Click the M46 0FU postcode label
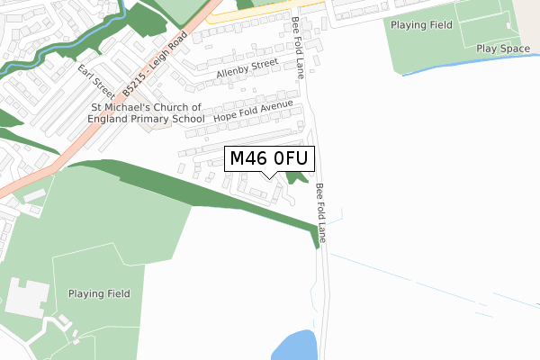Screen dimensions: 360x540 pyautogui.click(x=269, y=158)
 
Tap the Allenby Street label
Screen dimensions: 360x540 pyautogui.click(x=247, y=69)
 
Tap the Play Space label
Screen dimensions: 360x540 pyautogui.click(x=504, y=49)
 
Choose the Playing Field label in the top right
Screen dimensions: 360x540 pyautogui.click(x=421, y=24)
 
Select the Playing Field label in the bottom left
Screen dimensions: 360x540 pyautogui.click(x=99, y=293)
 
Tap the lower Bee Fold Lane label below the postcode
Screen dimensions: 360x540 pyautogui.click(x=321, y=214)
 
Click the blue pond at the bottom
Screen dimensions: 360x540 pyautogui.click(x=294, y=346)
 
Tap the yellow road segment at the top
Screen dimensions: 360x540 pyautogui.click(x=261, y=11)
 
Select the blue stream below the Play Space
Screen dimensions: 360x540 pyautogui.click(x=468, y=62)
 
